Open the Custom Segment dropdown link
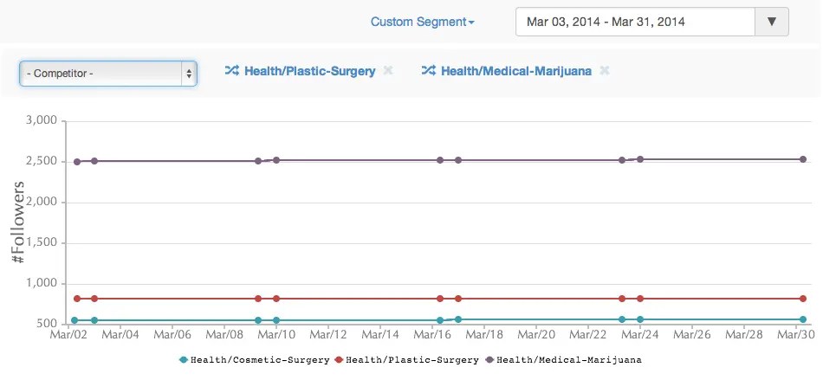(x=422, y=22)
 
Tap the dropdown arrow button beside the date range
(x=771, y=22)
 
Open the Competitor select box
(x=108, y=74)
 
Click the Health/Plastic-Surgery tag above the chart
(x=309, y=71)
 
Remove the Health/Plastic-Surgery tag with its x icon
(x=388, y=71)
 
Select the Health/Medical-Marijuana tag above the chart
(x=515, y=71)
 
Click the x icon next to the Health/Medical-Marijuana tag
(x=605, y=71)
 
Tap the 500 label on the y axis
(x=47, y=324)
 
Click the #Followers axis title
(x=17, y=222)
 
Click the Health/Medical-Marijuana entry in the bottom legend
(x=569, y=359)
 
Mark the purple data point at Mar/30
(x=803, y=159)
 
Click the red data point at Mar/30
(x=803, y=299)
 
